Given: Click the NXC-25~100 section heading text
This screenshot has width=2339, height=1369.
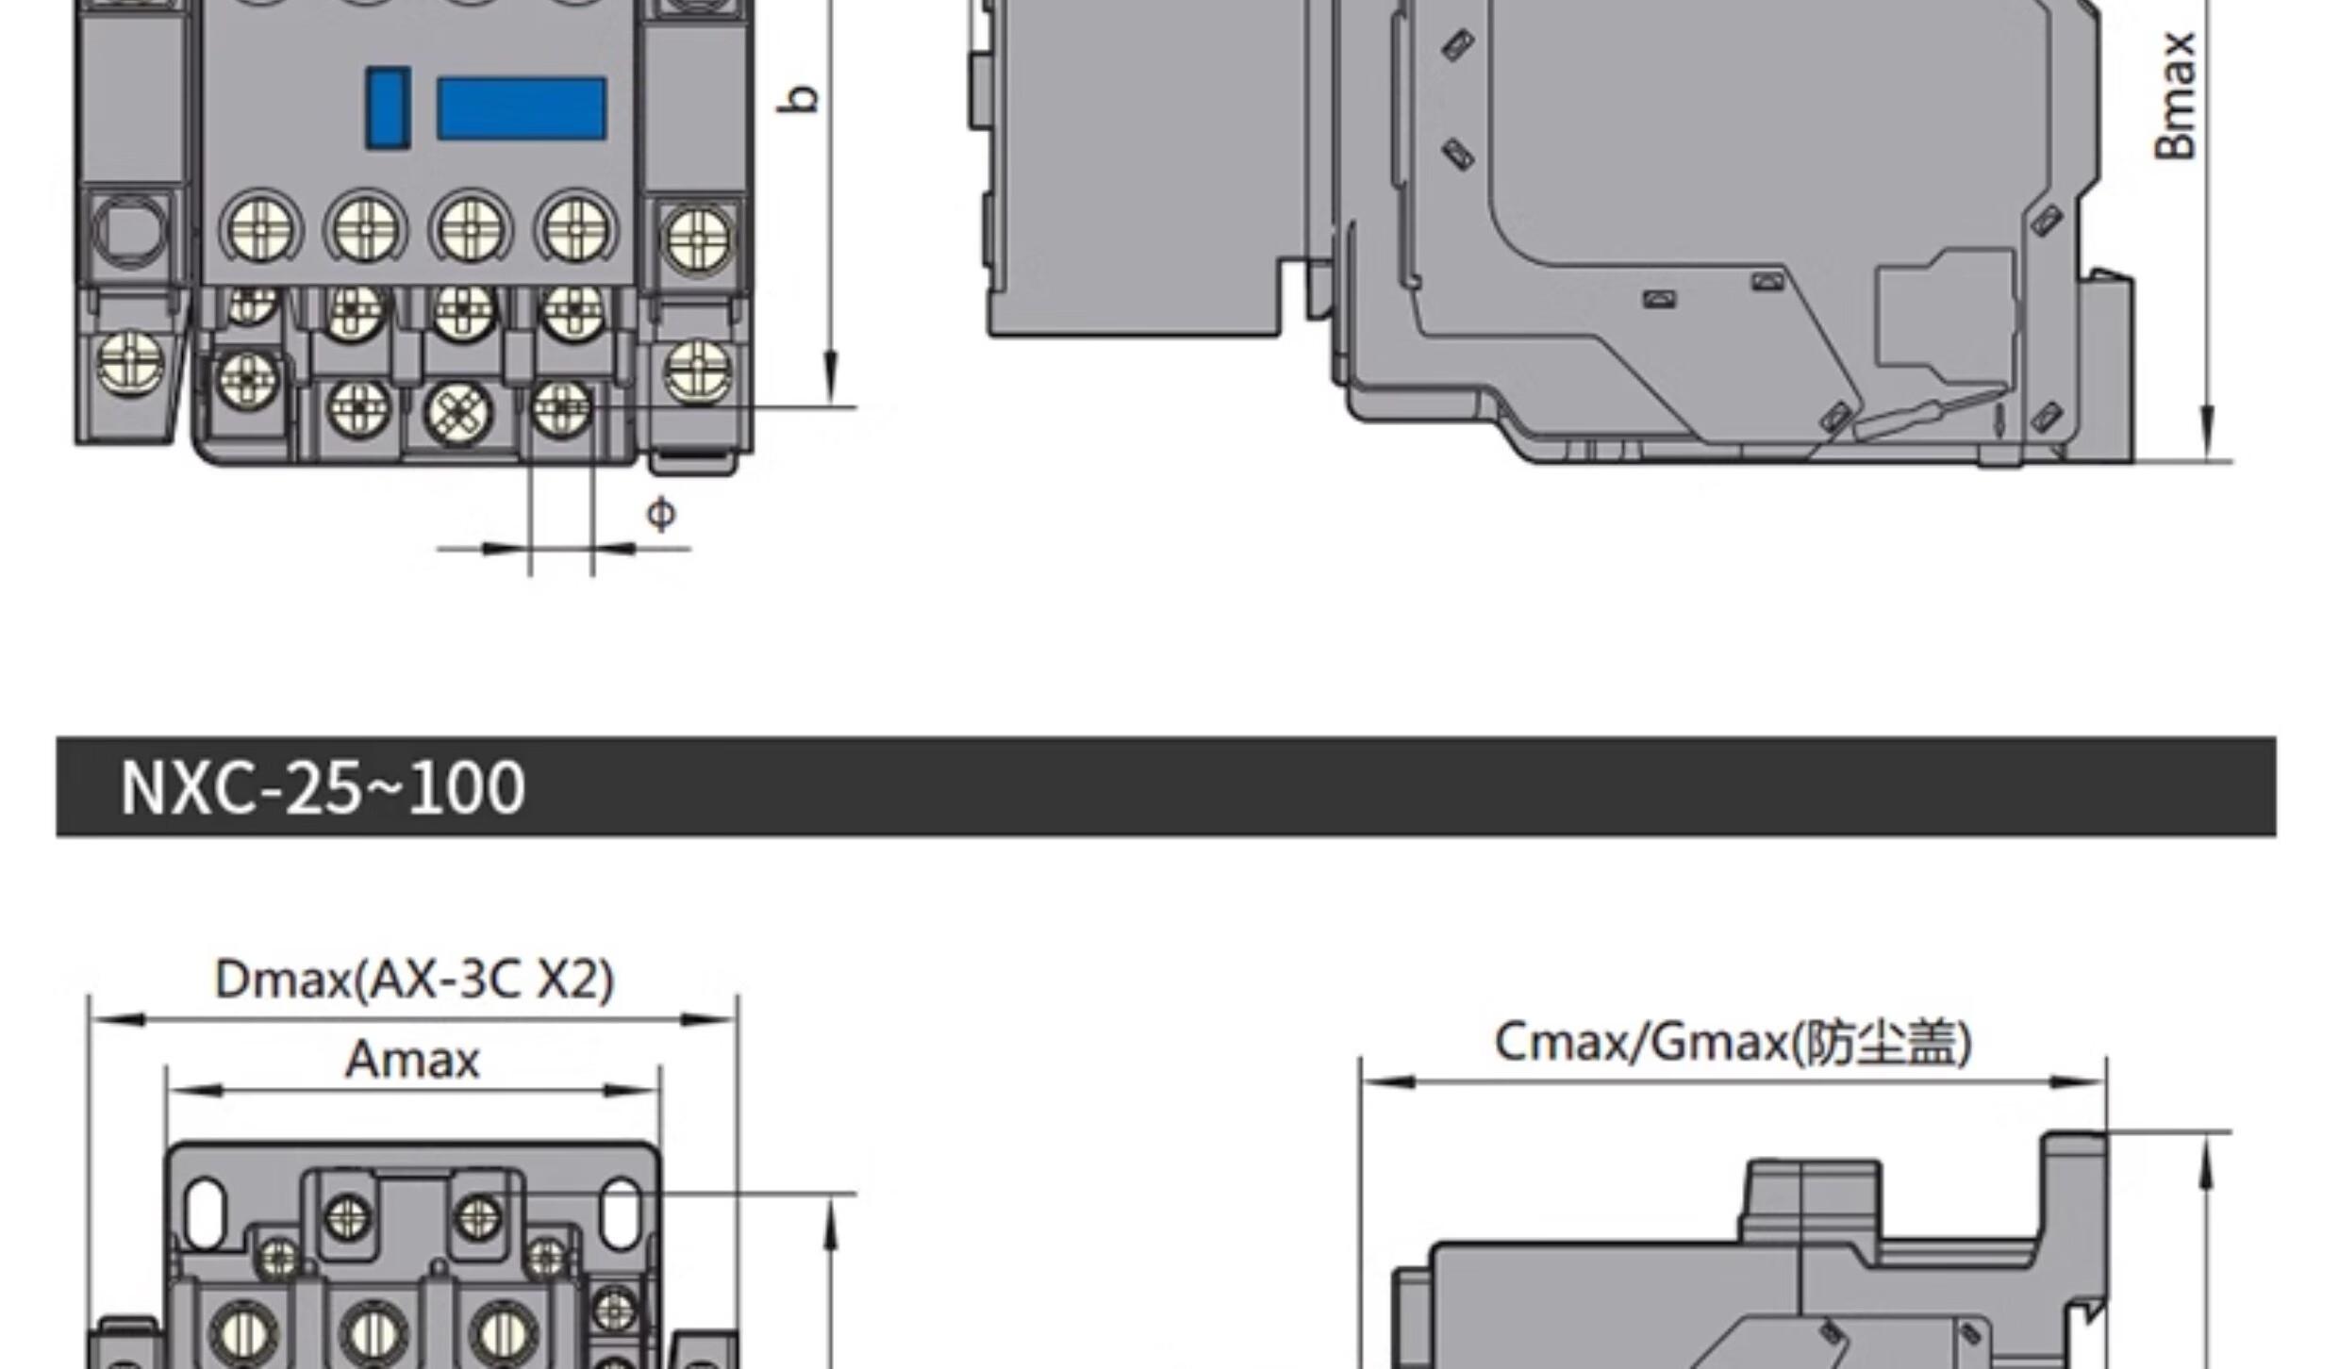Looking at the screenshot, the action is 323,787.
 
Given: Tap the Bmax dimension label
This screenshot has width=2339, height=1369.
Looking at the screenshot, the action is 2176,96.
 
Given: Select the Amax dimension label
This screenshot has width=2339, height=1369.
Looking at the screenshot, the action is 413,1059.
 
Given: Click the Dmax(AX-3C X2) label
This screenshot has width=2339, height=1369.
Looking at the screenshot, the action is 414,979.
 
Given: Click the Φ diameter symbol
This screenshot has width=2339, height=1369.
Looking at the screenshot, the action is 661,514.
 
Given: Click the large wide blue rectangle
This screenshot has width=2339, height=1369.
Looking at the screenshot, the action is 521,108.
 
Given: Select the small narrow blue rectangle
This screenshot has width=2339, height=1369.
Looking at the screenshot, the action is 388,107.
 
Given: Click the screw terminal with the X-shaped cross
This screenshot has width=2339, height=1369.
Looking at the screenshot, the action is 458,412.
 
